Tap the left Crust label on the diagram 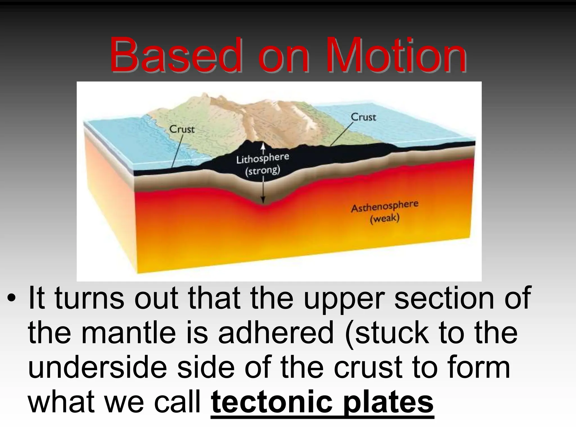coord(182,129)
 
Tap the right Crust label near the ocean coord(363,117)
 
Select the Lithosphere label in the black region coord(262,159)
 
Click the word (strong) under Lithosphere coord(262,171)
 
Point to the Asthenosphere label coord(384,206)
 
